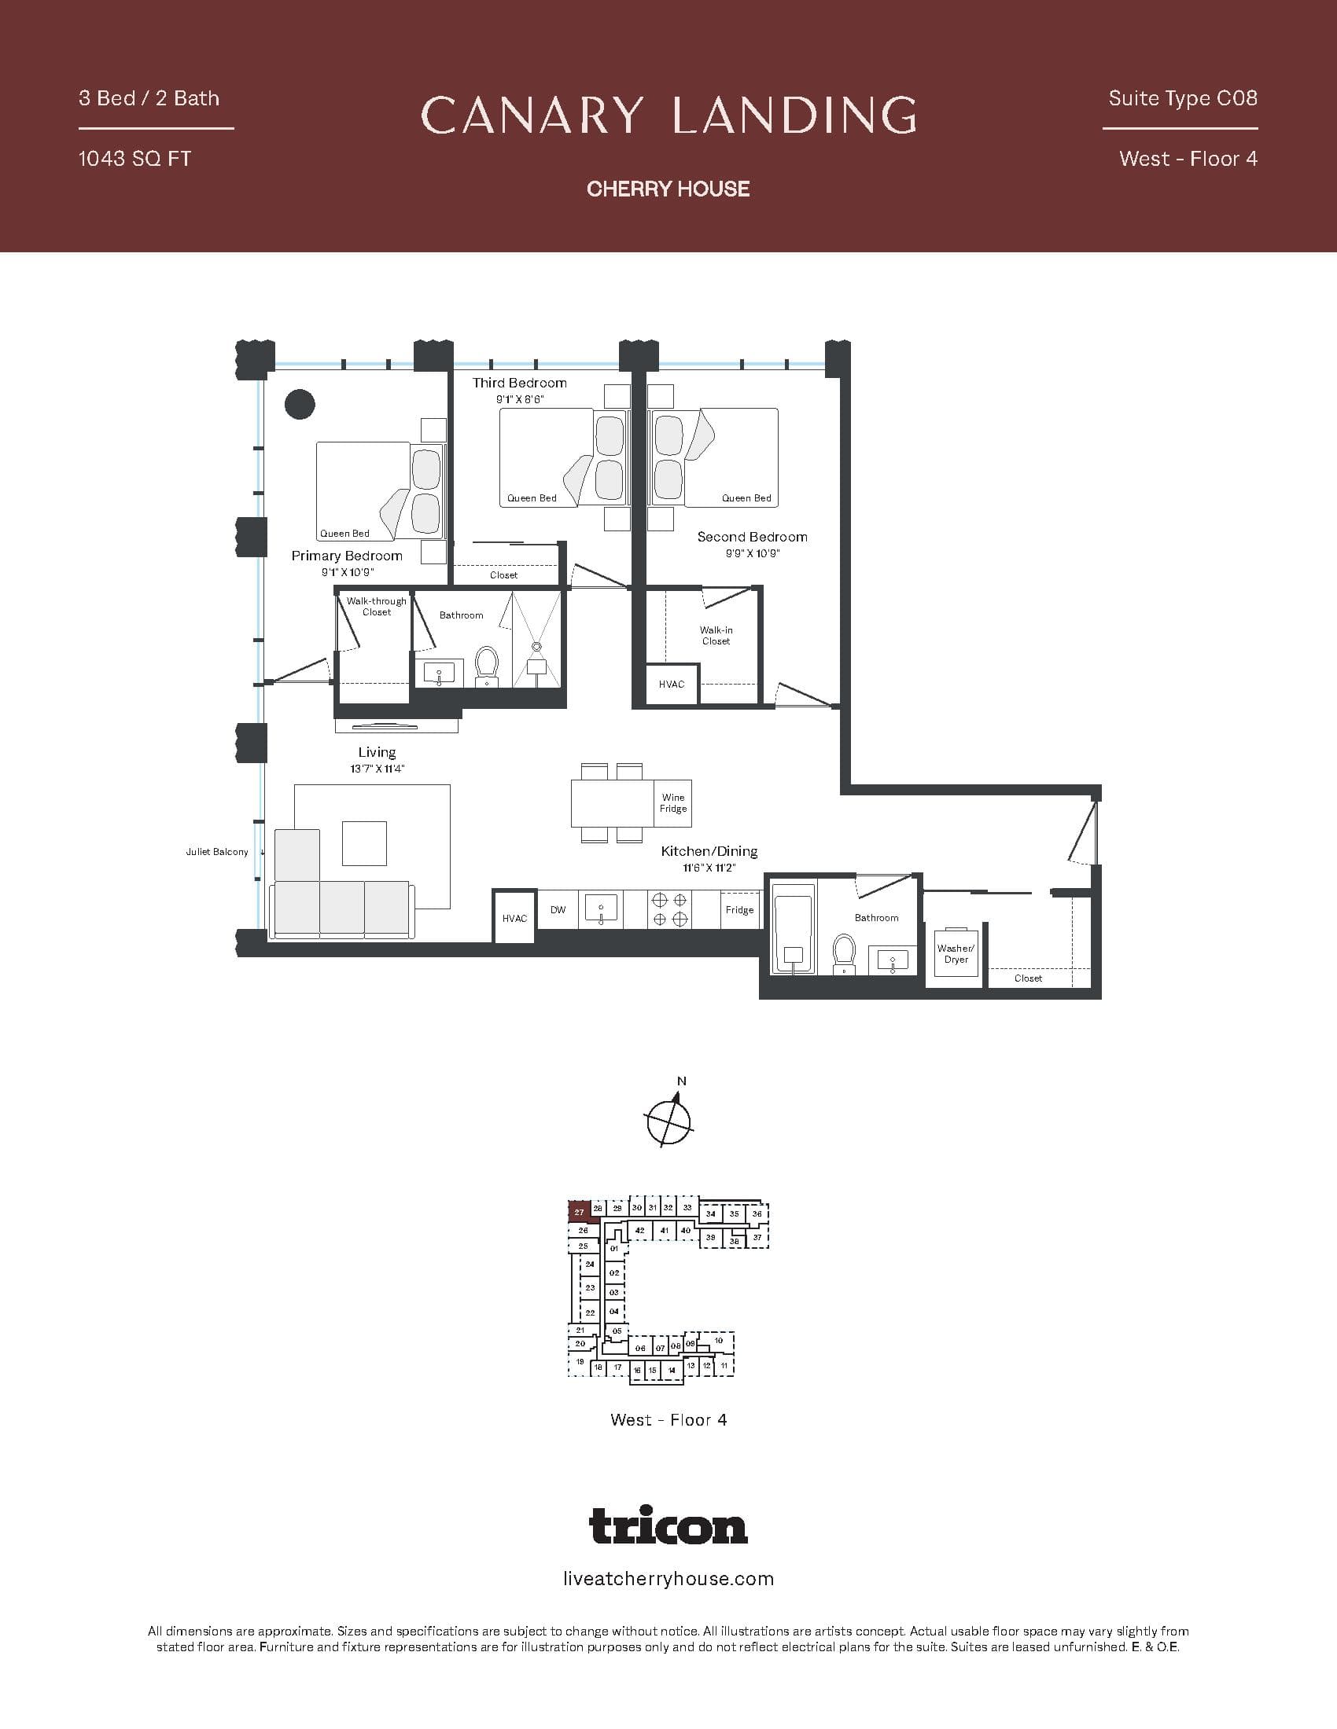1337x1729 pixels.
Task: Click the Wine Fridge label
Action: pyautogui.click(x=672, y=802)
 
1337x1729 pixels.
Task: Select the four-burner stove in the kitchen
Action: pyautogui.click(x=668, y=909)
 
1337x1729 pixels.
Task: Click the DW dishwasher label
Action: pyautogui.click(x=558, y=909)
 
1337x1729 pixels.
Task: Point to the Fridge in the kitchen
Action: pyautogui.click(x=739, y=909)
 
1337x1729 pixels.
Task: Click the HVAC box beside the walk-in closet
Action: pyautogui.click(x=672, y=684)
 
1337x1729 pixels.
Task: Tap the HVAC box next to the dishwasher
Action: pyautogui.click(x=514, y=917)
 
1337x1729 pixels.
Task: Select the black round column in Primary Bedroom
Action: pyautogui.click(x=300, y=404)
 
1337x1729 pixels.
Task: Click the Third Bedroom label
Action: pyautogui.click(x=520, y=383)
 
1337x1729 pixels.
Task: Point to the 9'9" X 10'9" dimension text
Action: pyautogui.click(x=752, y=553)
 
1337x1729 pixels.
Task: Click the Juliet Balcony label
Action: pyautogui.click(x=216, y=852)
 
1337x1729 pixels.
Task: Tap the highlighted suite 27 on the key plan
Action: pyautogui.click(x=579, y=1212)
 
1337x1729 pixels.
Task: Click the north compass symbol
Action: pyautogui.click(x=669, y=1119)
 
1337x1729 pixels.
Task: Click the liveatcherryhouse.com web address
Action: pyautogui.click(x=668, y=1580)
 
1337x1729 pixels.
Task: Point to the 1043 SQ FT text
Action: pyautogui.click(x=134, y=158)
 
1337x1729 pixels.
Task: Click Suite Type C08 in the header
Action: pyautogui.click(x=1183, y=98)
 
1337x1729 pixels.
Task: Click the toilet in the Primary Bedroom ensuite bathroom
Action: pyautogui.click(x=486, y=666)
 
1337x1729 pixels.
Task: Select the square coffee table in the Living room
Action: pyautogui.click(x=364, y=843)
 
